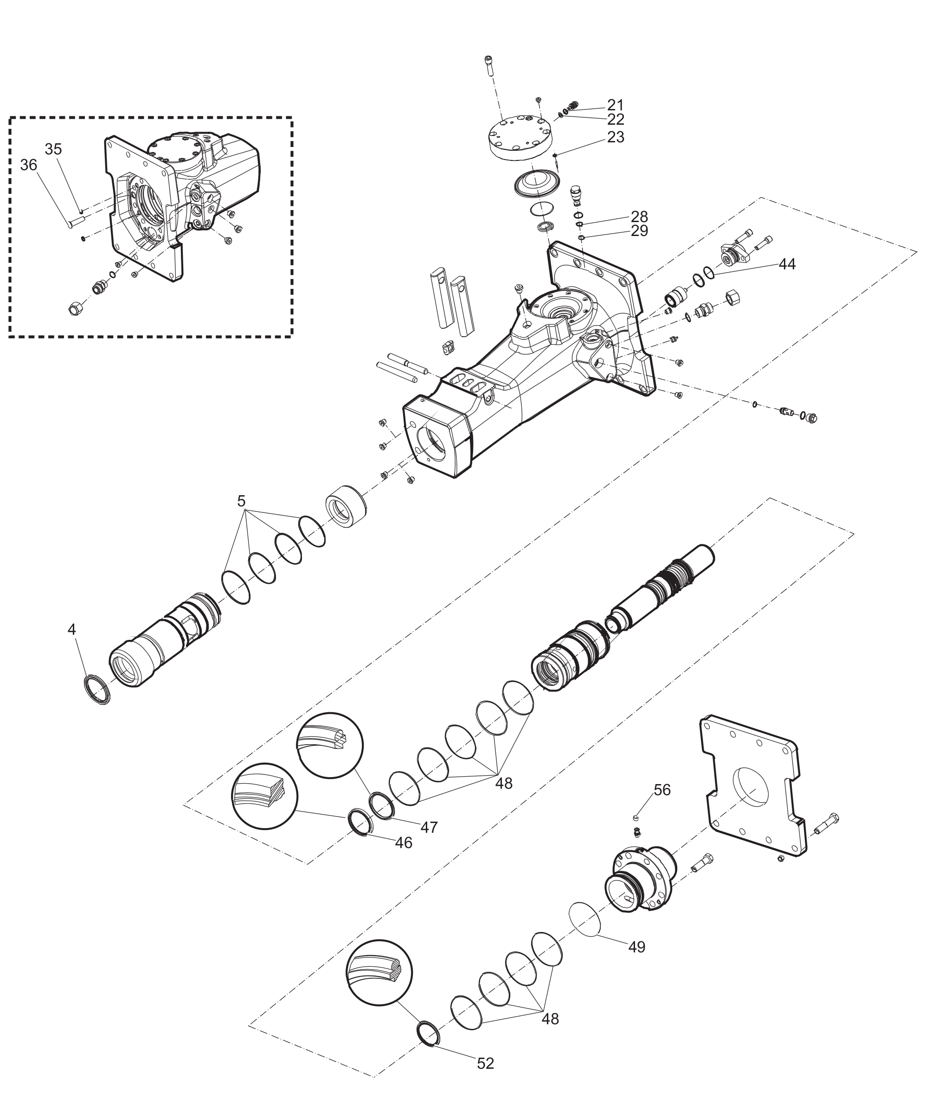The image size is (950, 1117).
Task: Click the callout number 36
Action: click(x=29, y=165)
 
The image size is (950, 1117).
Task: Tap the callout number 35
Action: click(x=53, y=149)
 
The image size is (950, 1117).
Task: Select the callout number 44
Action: click(x=787, y=264)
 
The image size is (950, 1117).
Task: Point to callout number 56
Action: click(x=662, y=790)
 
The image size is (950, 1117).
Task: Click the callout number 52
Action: click(x=485, y=1063)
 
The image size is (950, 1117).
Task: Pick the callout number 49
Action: click(x=636, y=947)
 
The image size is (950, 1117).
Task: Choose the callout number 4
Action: click(x=71, y=629)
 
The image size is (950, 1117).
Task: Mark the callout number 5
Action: click(x=241, y=501)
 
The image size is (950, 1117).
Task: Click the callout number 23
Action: click(x=616, y=137)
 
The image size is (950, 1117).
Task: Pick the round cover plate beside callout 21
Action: click(x=520, y=138)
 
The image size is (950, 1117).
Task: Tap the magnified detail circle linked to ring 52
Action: click(x=379, y=973)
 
